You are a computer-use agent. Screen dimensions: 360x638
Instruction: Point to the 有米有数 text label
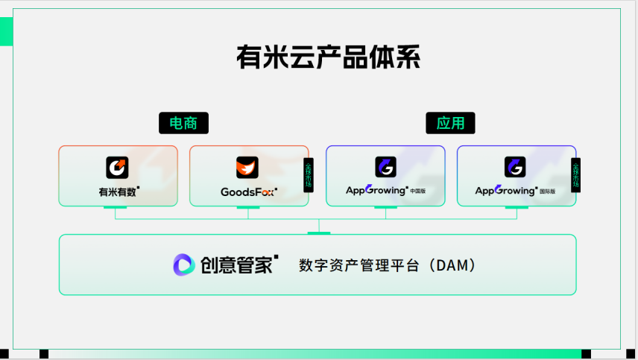[119, 192]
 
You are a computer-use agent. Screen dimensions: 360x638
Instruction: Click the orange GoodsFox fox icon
[247, 167]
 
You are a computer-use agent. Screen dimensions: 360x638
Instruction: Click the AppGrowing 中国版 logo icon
[385, 167]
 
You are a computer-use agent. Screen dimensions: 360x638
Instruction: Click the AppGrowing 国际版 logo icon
[515, 167]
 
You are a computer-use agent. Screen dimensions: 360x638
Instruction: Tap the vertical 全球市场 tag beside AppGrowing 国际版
[575, 174]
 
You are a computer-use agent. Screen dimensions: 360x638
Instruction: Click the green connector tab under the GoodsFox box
[248, 208]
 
